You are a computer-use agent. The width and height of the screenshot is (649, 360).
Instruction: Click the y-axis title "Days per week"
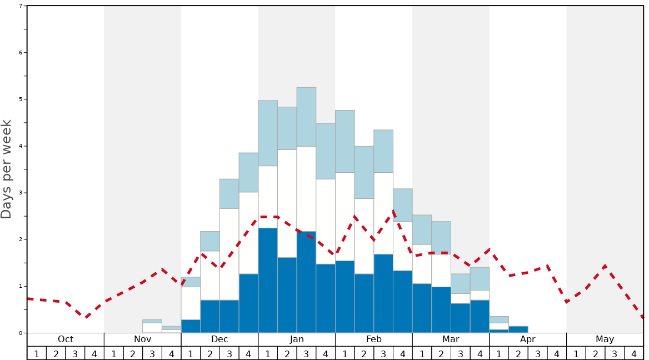point(7,169)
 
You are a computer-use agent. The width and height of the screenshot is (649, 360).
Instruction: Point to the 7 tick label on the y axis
point(21,6)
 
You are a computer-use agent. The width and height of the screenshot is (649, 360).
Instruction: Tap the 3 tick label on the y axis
point(21,193)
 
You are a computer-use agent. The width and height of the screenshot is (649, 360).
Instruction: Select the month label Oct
point(66,339)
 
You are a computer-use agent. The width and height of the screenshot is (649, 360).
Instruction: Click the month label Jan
point(297,339)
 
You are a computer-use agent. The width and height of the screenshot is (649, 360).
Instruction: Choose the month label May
point(605,339)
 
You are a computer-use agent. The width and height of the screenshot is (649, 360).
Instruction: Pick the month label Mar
point(451,339)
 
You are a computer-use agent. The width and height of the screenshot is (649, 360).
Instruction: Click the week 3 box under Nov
point(152,353)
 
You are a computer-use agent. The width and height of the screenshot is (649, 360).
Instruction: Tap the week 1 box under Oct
point(37,353)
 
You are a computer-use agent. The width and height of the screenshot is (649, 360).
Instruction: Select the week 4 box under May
point(634,353)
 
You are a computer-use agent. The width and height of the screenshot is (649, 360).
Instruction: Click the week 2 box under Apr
point(518,353)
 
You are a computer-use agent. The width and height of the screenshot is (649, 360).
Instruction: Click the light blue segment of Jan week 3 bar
point(306,117)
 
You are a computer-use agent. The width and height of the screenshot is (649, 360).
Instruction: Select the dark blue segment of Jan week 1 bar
point(268,281)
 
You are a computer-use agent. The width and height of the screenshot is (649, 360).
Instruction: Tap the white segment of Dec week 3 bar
point(229,254)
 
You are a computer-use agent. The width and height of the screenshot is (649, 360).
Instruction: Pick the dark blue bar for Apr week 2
point(518,329)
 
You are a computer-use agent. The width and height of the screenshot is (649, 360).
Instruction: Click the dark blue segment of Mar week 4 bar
point(480,317)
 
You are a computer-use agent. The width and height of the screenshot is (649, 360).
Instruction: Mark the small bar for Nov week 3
point(152,327)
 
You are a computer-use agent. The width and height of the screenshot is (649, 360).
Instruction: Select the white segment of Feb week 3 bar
point(383,213)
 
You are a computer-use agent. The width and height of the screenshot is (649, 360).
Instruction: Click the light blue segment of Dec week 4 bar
point(248,172)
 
